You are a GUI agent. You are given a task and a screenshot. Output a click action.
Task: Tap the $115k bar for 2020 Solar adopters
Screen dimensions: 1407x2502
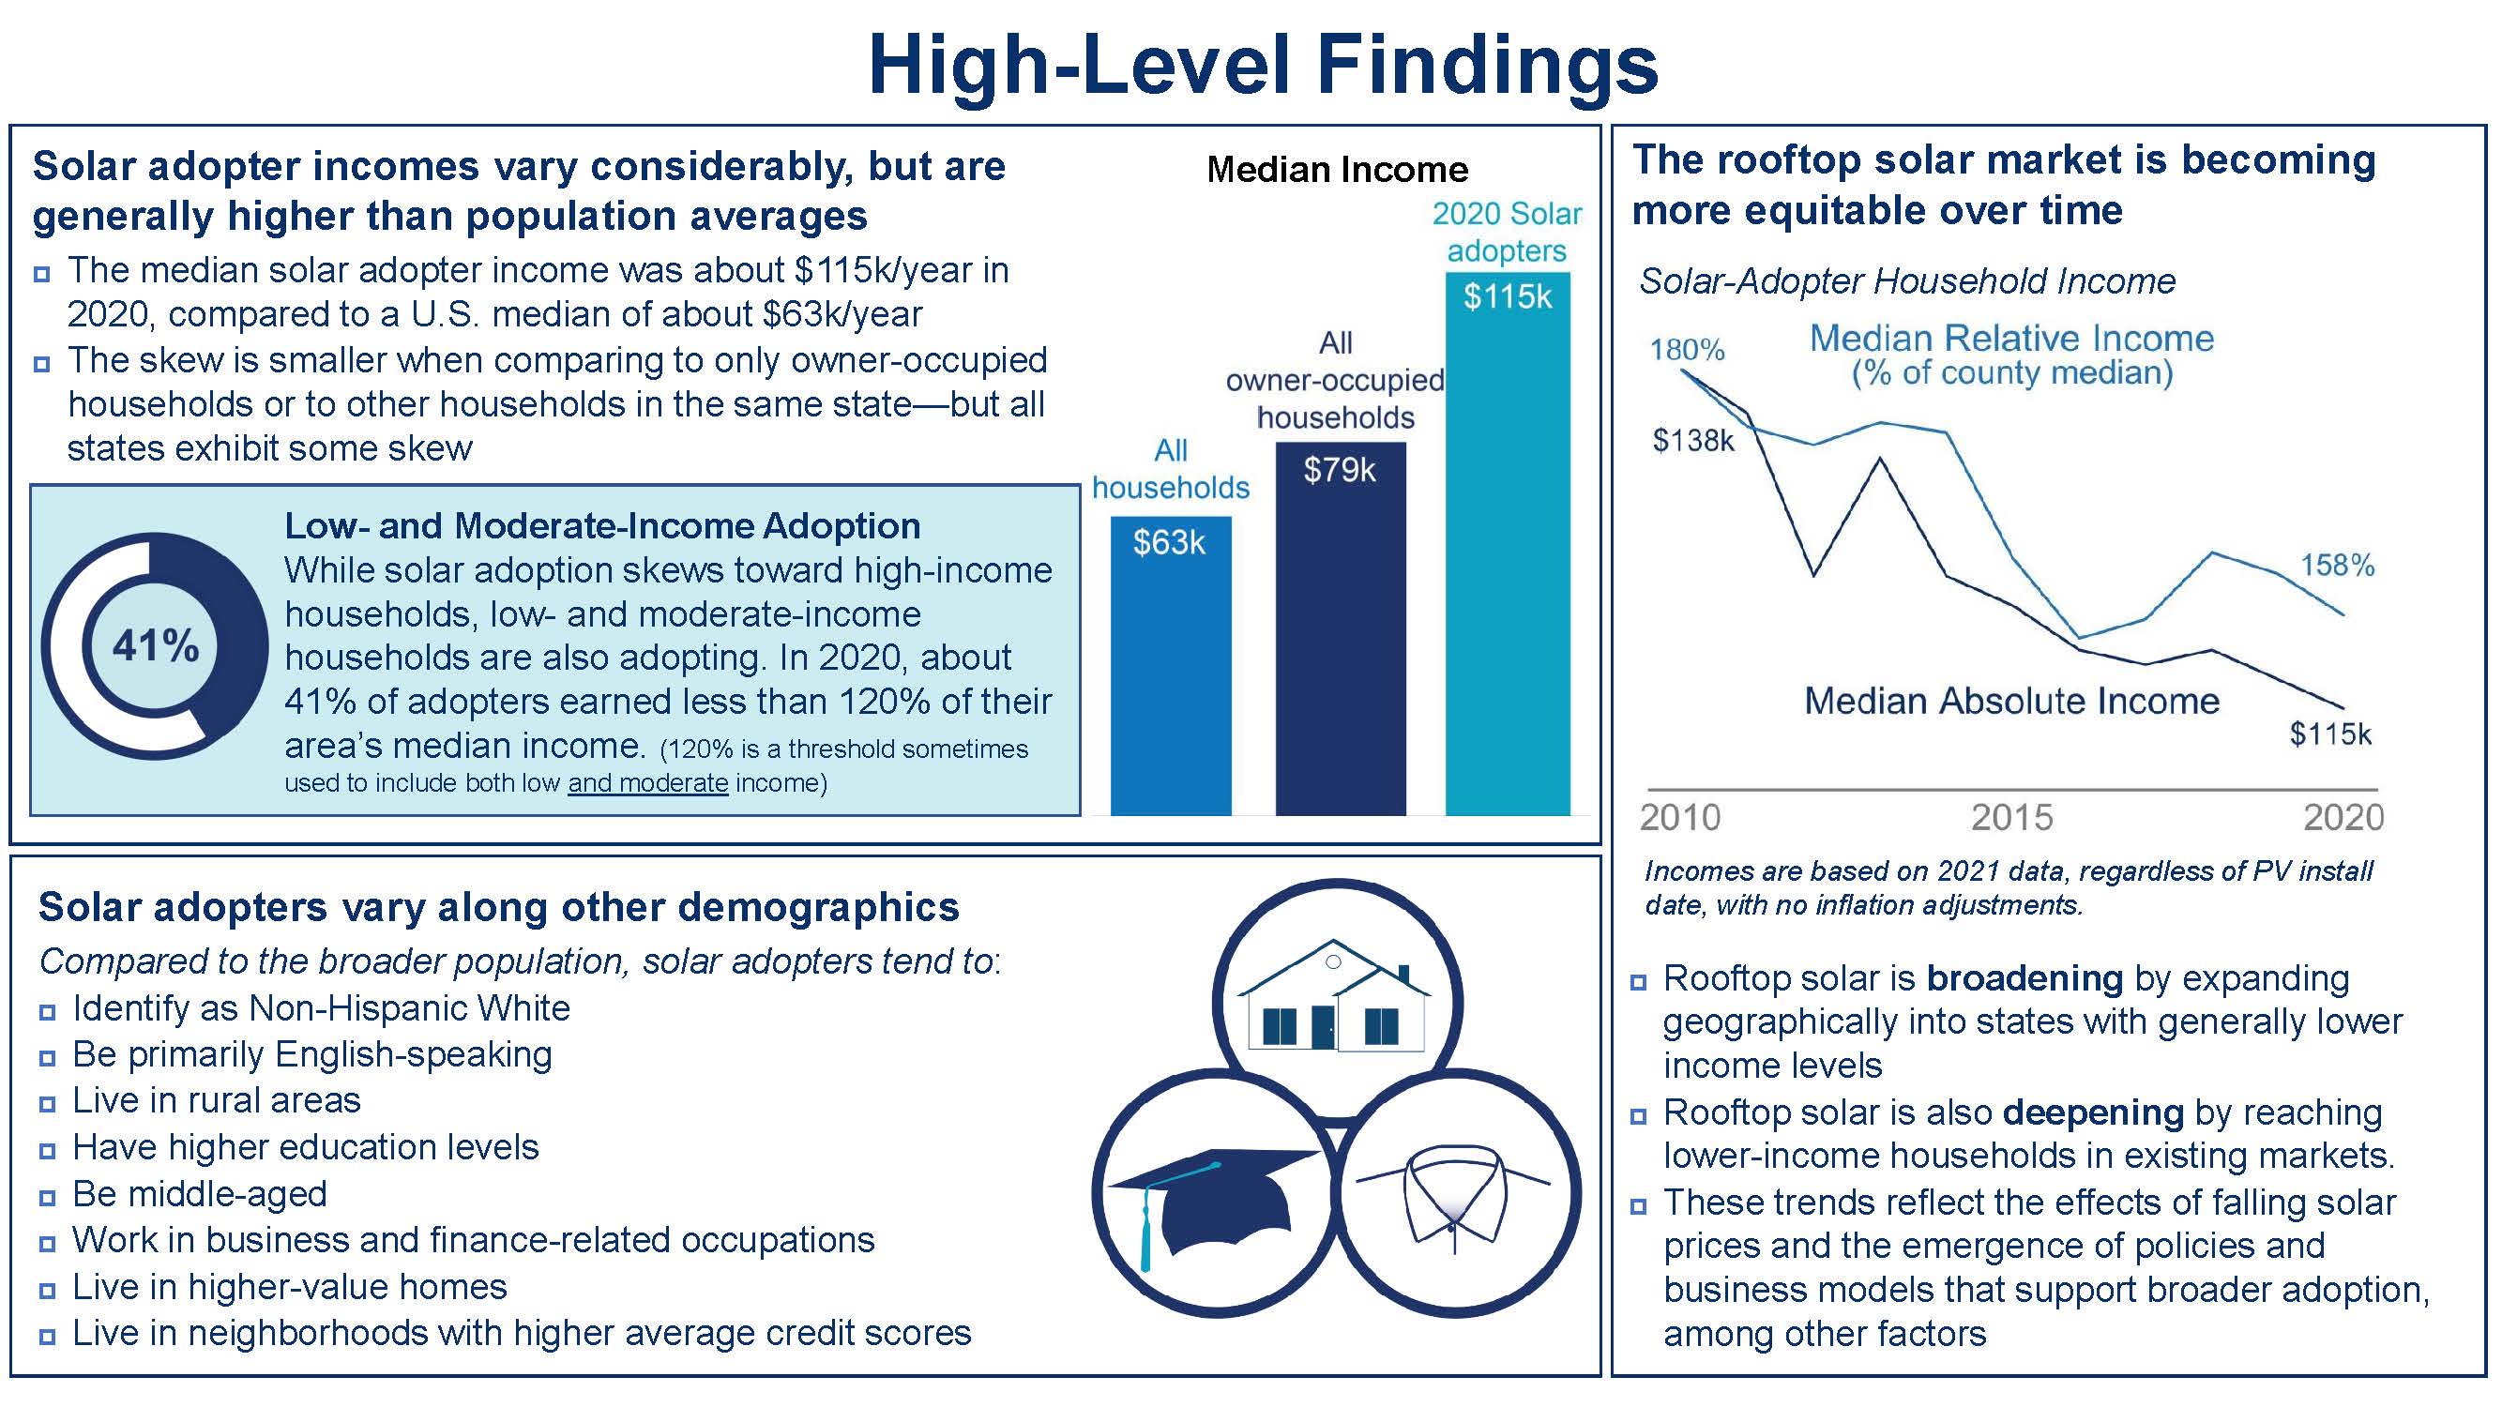(1508, 544)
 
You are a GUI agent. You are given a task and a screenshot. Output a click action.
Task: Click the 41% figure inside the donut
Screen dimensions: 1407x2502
(156, 644)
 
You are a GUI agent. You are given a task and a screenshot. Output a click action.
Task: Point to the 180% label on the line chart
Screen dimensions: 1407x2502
(1686, 350)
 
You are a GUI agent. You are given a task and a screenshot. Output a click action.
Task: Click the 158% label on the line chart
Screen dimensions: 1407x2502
(2337, 565)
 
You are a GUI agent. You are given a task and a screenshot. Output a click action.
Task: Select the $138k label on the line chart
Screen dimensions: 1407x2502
(1693, 441)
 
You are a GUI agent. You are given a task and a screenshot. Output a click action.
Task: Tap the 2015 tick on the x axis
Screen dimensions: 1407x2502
(2011, 818)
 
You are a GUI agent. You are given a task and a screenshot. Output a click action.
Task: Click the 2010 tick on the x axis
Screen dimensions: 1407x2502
(1680, 818)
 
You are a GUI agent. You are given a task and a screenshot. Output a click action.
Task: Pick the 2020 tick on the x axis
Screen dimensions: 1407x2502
(2343, 818)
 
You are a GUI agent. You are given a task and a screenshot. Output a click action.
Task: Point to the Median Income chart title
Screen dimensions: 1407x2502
(1338, 170)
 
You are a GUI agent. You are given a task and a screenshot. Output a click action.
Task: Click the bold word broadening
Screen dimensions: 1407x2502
(2024, 977)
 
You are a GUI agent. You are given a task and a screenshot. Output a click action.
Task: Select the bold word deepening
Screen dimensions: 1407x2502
(2093, 1112)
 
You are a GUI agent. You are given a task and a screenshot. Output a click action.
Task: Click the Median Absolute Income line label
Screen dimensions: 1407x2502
(2011, 701)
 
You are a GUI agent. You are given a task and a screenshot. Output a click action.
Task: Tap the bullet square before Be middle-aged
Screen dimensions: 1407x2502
(47, 1197)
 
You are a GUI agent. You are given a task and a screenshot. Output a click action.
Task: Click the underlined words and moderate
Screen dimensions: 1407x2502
(648, 782)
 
